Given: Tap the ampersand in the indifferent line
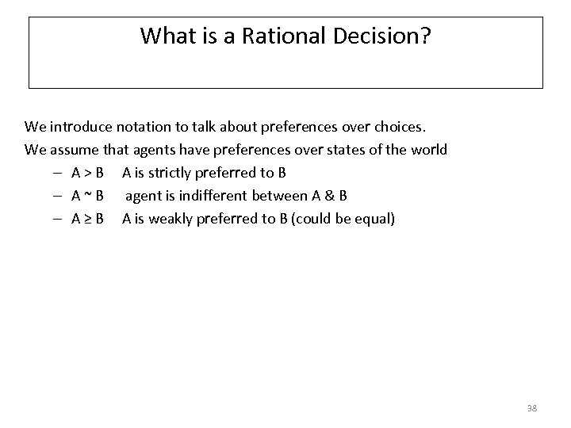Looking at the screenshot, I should coord(328,196).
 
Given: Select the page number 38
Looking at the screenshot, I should coord(531,408).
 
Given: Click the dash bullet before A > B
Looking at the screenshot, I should coord(59,173).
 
